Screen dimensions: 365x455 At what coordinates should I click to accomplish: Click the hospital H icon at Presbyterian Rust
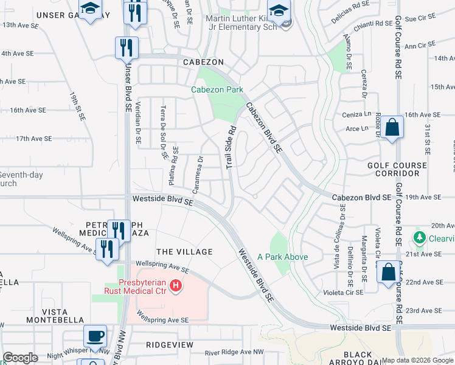(x=176, y=285)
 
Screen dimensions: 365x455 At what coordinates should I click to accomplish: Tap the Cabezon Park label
(x=217, y=89)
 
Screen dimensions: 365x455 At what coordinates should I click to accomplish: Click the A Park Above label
(x=282, y=257)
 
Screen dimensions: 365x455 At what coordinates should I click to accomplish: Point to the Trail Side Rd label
(x=232, y=148)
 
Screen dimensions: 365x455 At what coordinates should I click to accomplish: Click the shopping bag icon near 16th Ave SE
(x=393, y=128)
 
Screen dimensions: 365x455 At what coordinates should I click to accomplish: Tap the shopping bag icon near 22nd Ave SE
(x=388, y=272)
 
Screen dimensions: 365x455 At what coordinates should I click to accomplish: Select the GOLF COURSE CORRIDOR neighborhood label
(x=394, y=169)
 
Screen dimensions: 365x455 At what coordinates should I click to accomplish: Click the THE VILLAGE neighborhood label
(x=184, y=252)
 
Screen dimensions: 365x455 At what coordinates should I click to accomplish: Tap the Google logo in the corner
(x=20, y=358)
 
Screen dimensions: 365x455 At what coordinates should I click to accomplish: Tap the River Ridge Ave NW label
(x=234, y=352)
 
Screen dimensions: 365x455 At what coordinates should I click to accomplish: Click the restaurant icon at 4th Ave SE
(x=127, y=47)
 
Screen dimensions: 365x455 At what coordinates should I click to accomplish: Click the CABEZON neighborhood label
(x=200, y=63)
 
